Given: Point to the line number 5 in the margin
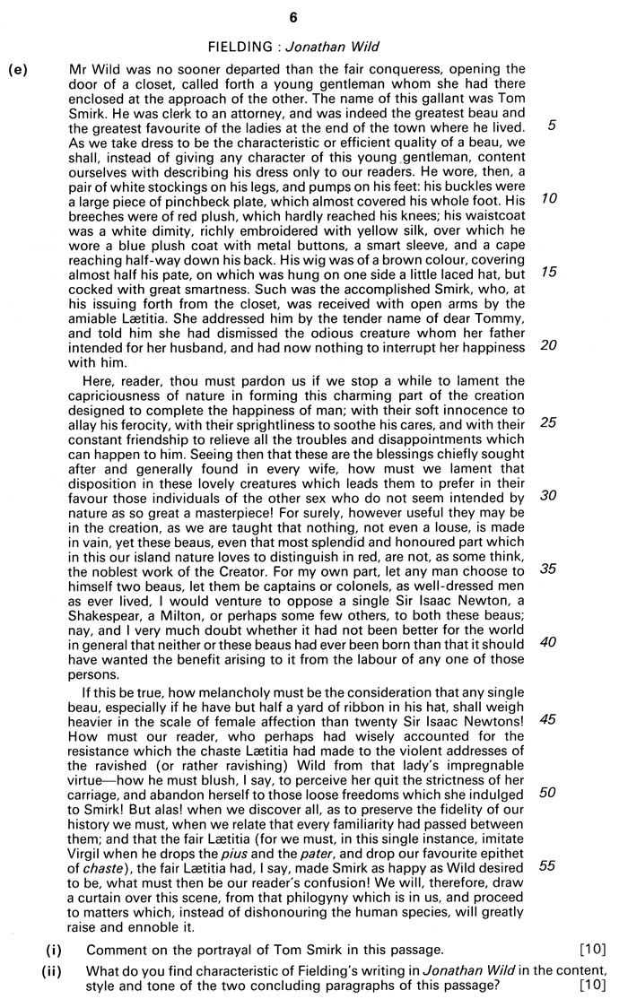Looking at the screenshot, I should point(551,126).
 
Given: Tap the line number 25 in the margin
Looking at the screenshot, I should point(551,422).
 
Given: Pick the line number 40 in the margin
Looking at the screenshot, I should point(551,641).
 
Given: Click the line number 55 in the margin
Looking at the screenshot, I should point(551,864).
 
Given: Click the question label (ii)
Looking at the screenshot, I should point(55,971).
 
